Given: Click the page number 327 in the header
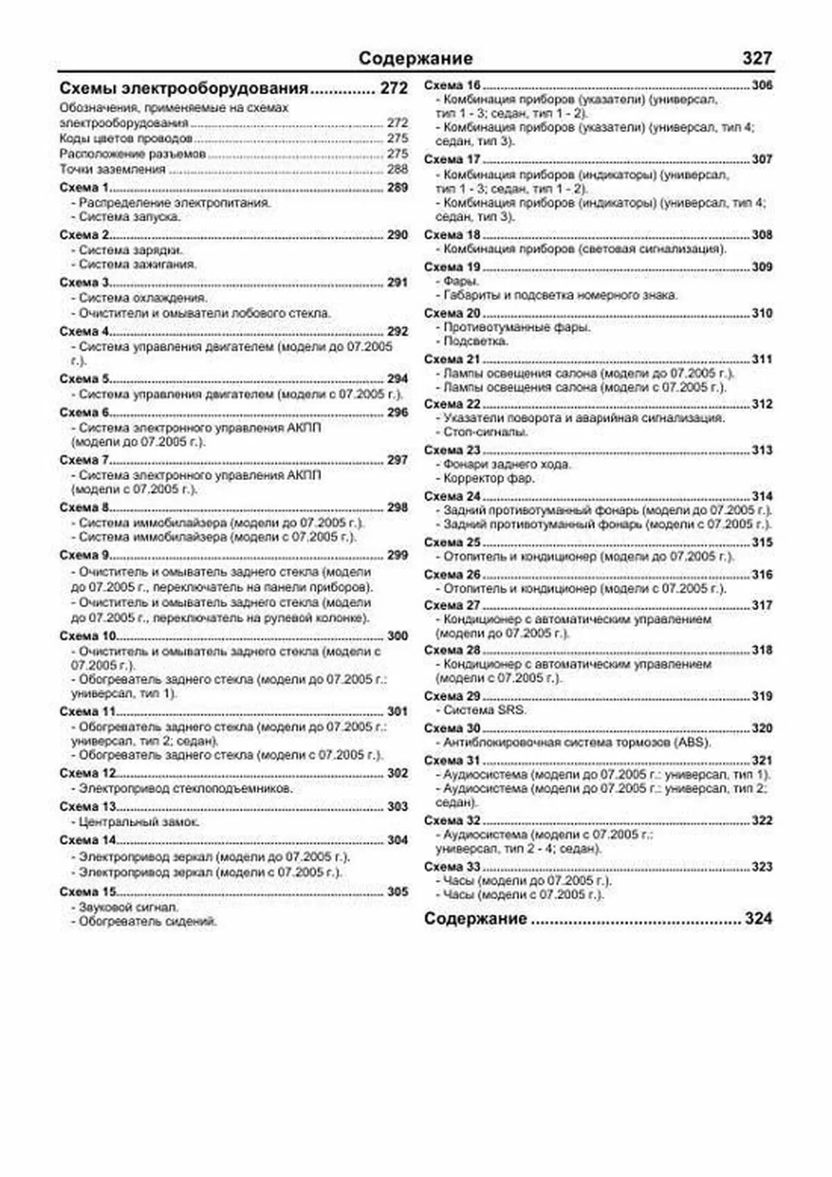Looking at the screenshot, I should point(756,58).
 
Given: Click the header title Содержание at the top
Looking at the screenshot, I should point(415,58).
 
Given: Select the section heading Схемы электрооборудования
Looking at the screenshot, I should point(184,88).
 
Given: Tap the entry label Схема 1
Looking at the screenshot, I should point(84,187).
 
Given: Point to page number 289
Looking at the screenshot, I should point(397,187).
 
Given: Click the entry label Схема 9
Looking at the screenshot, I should point(84,555).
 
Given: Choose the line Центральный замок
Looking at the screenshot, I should point(139,822).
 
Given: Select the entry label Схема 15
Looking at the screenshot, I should point(87,891).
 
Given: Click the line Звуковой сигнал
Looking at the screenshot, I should point(128,907).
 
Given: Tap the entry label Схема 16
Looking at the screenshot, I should point(452,85).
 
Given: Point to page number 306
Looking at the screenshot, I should point(762,85).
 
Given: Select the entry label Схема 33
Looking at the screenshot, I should point(452,866).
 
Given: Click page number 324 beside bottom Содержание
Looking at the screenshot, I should point(759,918).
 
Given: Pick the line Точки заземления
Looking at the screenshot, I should point(112,169).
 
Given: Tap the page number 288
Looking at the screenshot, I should point(397,169).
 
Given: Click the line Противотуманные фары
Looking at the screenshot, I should point(517,327).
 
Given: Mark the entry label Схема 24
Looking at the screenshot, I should point(452,496).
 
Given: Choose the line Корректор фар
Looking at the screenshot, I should point(488,478).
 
